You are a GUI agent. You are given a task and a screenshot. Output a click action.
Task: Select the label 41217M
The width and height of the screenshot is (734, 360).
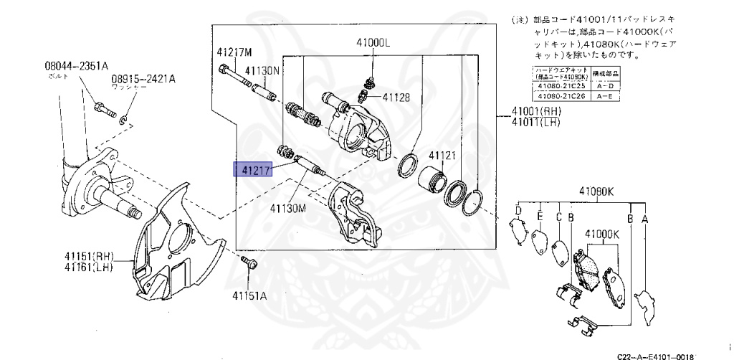pyautogui.click(x=234, y=52)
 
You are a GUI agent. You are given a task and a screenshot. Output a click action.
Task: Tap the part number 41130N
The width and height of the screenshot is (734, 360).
pyautogui.click(x=262, y=70)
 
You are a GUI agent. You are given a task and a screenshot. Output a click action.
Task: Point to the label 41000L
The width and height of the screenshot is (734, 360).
pyautogui.click(x=373, y=42)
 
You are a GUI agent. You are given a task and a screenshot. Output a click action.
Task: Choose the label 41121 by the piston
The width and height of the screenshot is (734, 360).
pyautogui.click(x=442, y=156)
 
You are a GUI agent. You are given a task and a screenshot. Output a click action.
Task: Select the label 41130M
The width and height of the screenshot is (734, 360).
pyautogui.click(x=288, y=209)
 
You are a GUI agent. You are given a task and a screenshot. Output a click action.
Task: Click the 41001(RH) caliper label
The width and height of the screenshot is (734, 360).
pyautogui.click(x=536, y=112)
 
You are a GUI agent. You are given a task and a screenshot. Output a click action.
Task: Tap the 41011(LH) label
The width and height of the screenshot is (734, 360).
pyautogui.click(x=536, y=123)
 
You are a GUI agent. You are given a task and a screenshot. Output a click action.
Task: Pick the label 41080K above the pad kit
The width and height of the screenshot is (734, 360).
pyautogui.click(x=596, y=191)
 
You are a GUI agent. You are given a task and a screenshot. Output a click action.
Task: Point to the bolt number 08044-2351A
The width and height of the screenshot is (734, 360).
pyautogui.click(x=76, y=65)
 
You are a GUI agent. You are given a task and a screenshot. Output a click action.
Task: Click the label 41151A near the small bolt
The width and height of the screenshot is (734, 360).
pyautogui.click(x=249, y=295)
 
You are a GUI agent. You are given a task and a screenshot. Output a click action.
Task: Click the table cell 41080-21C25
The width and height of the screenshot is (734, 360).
pyautogui.click(x=560, y=86)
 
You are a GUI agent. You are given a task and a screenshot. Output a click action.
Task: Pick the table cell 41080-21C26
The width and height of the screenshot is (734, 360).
pyautogui.click(x=560, y=95)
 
